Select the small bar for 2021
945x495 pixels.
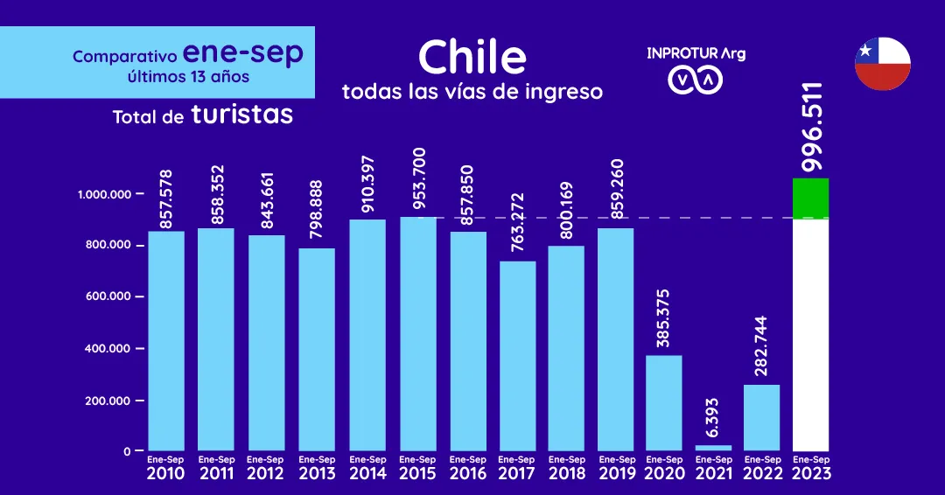coord(713,448)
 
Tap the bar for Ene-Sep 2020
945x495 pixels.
coord(663,402)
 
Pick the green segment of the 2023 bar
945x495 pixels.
coord(810,199)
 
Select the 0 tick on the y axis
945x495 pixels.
coord(127,451)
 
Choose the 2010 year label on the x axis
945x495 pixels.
coord(165,473)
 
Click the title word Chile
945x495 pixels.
coord(472,58)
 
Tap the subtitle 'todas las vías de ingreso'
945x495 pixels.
coord(472,92)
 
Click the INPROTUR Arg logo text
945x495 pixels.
coord(696,53)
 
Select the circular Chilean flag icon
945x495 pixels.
coord(882,64)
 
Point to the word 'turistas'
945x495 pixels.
coord(241,115)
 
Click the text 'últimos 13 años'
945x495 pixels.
coord(188,77)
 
